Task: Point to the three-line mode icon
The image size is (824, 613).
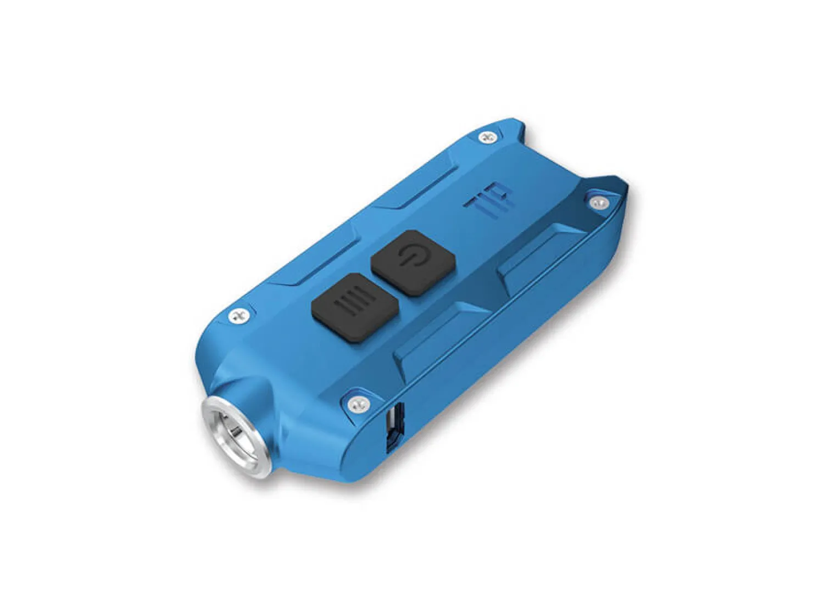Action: [352, 305]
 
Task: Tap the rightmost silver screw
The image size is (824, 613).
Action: [598, 203]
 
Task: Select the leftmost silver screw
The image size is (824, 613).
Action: [238, 316]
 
